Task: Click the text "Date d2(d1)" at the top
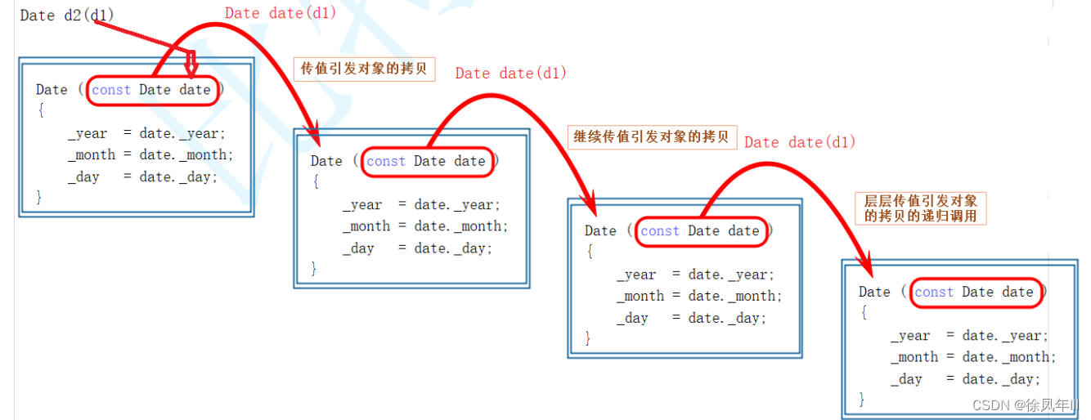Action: [66, 16]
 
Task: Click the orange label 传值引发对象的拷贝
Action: [364, 69]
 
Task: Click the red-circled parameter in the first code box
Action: [151, 90]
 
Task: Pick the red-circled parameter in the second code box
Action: [426, 161]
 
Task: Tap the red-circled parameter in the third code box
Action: [700, 231]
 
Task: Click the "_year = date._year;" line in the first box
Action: [146, 133]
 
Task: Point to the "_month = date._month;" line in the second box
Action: [424, 226]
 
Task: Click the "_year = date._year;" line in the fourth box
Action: [969, 336]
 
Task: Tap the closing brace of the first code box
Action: [39, 197]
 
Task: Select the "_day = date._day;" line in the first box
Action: [142, 176]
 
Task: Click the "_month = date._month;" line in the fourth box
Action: [973, 357]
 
